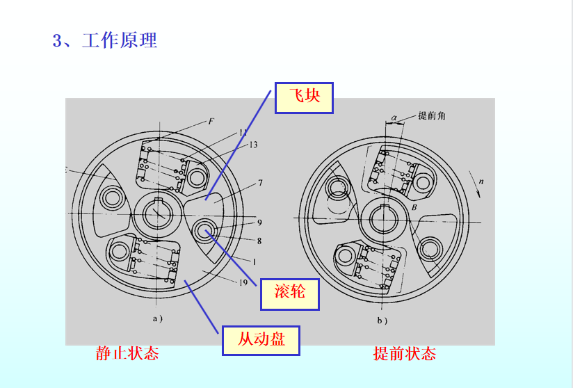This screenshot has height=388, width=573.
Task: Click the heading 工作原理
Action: tap(119, 40)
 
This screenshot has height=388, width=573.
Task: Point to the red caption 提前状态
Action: tap(404, 353)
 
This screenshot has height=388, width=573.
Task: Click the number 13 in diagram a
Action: tap(252, 145)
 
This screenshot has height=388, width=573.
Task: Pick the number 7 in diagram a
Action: tap(259, 183)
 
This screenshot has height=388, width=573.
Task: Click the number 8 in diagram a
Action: tap(259, 241)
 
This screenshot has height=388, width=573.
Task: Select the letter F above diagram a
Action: tap(211, 121)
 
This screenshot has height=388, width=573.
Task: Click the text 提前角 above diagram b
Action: tap(432, 116)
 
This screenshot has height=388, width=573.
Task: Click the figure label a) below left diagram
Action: tap(157, 320)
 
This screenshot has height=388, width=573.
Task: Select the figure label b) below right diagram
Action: tap(382, 321)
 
